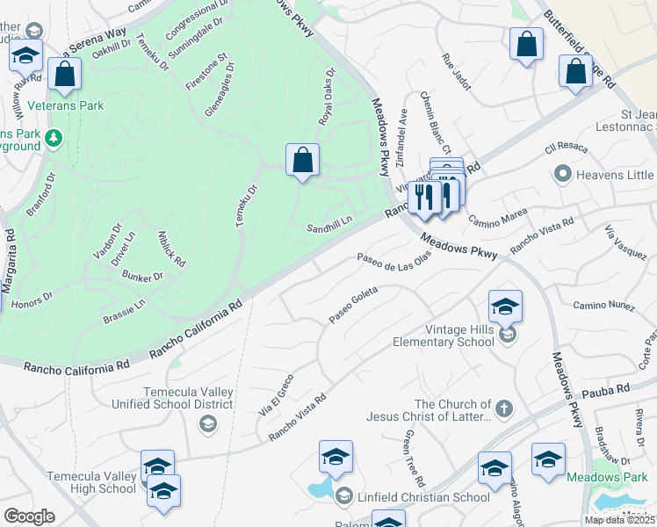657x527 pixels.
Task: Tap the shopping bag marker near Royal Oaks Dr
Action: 302,161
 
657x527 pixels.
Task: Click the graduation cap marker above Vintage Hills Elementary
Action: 505,307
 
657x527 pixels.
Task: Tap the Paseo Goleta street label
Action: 353,302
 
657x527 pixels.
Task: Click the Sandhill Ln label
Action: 328,227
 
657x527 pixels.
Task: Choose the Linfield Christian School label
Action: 423,497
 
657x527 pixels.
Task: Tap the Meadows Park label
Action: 624,477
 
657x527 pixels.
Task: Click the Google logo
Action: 29,516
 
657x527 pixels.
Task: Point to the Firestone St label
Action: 206,71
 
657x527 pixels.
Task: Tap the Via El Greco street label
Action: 275,395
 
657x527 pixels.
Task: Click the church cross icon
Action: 503,408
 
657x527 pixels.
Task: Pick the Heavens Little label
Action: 615,175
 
